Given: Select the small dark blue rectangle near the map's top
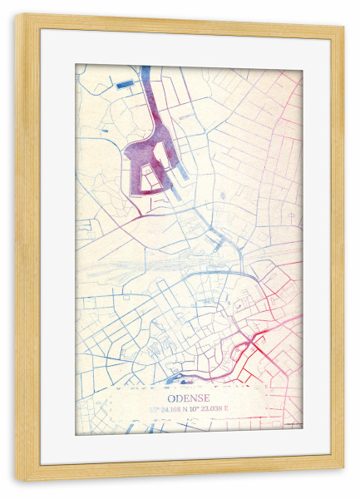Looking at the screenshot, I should pos(123,84).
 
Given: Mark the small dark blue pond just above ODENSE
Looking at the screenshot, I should pos(175,380).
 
